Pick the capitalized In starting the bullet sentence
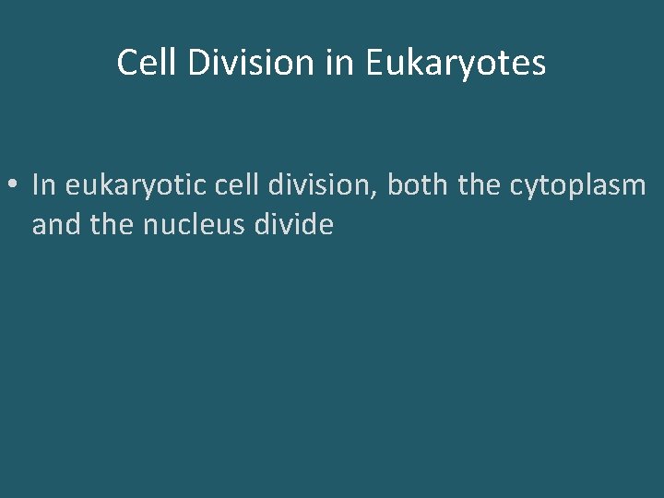(x=44, y=185)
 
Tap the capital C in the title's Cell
(x=125, y=63)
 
